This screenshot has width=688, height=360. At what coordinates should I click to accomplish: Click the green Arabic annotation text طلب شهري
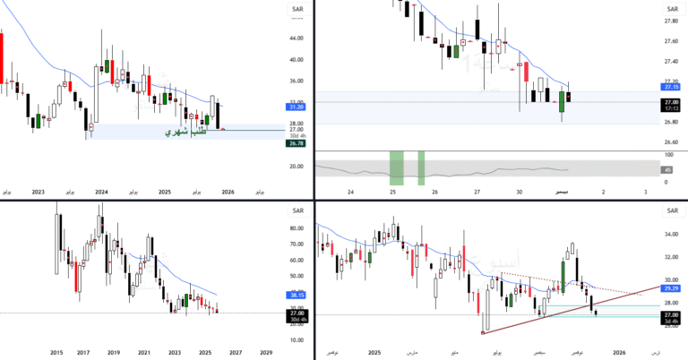pos(186,133)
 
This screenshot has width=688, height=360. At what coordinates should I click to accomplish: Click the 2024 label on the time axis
pos(101,192)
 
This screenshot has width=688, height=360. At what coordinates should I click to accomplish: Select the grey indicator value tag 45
pos(667,170)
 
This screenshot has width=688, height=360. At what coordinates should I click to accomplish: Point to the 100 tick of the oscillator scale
pos(667,155)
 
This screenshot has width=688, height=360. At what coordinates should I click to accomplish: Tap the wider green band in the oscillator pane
pos(396,168)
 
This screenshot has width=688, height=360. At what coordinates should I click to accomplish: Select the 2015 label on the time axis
pos(56,353)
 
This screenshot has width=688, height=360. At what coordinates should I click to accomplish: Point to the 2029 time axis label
pos(266,353)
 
